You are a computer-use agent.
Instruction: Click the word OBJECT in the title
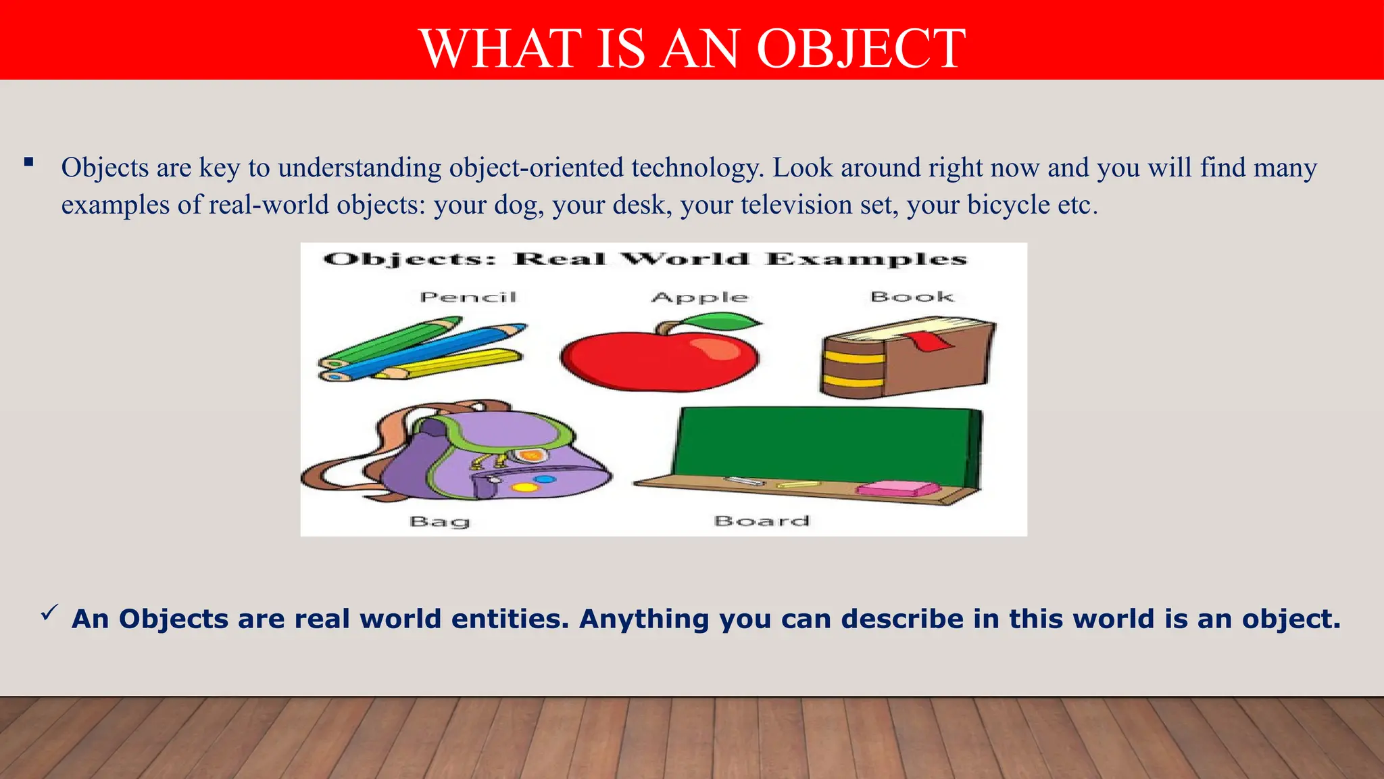861,49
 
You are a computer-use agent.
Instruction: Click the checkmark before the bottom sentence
49,613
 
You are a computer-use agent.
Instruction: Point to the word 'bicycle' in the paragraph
1008,205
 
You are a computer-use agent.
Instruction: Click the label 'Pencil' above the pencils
468,297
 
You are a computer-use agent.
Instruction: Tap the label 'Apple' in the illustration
699,298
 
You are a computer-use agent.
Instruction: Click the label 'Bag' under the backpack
439,521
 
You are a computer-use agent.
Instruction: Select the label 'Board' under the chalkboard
762,521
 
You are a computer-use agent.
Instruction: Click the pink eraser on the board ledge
899,488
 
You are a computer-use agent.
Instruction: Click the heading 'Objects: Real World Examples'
645,260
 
